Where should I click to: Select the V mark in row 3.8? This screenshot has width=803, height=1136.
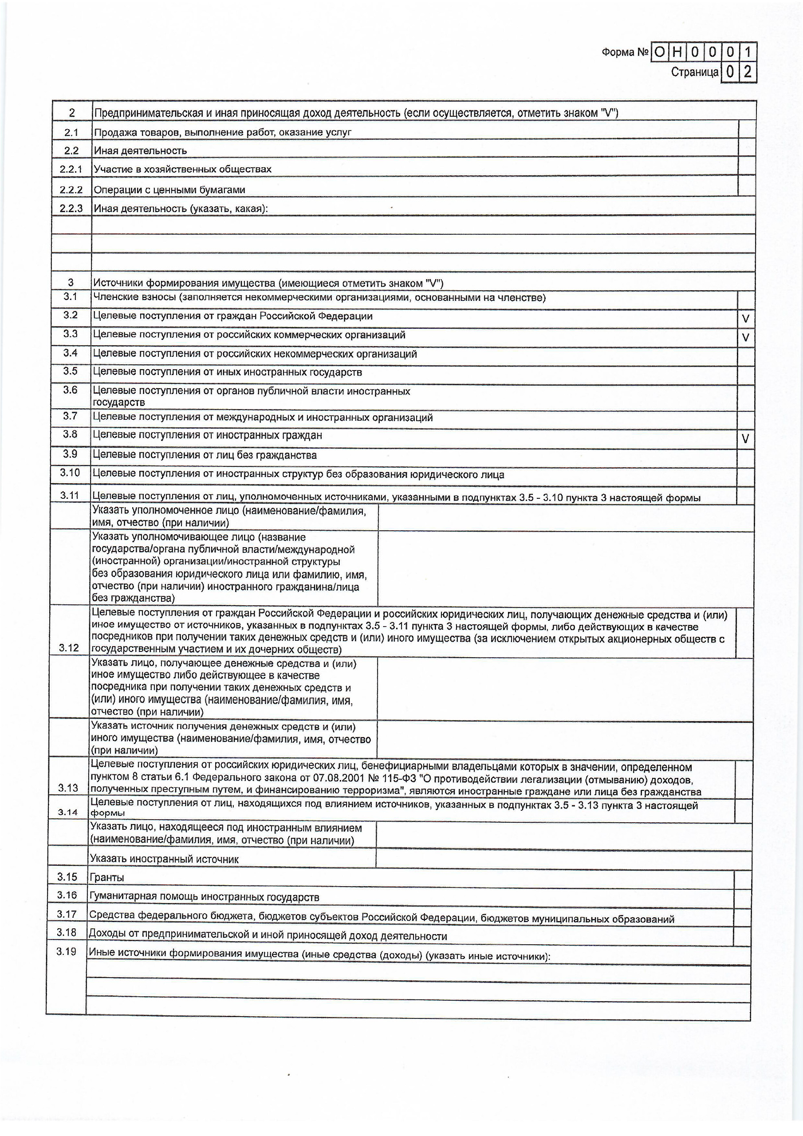point(745,438)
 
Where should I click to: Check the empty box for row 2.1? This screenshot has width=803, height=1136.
point(747,130)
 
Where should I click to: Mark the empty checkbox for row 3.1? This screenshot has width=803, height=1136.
point(746,300)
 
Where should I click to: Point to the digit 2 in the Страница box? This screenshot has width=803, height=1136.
point(748,72)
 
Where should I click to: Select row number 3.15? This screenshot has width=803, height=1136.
point(67,877)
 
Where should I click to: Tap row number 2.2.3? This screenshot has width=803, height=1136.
point(71,208)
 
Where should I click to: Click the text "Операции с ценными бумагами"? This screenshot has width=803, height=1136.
point(169,190)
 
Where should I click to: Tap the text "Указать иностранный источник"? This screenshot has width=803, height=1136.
point(164,859)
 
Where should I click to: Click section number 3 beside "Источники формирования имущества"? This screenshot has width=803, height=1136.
point(71,283)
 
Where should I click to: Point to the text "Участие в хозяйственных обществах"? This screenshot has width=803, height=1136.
point(183,169)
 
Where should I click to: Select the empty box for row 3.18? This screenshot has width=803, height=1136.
point(742,935)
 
